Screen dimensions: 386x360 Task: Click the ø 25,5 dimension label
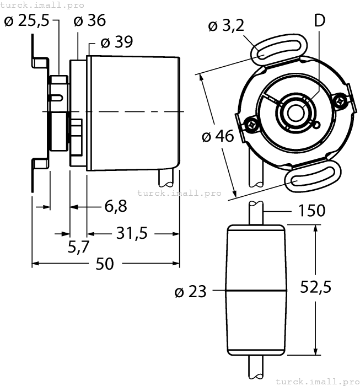pyautogui.click(x=26, y=21)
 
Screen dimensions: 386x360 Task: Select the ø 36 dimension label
pyautogui.click(x=89, y=21)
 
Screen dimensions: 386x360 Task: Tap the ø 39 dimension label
pyautogui.click(x=117, y=42)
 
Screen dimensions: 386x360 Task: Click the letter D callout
pyautogui.click(x=319, y=20)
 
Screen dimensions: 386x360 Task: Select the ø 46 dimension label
pyautogui.click(x=218, y=136)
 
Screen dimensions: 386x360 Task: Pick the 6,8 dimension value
pyautogui.click(x=115, y=206)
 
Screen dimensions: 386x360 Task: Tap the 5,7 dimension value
pyautogui.click(x=79, y=246)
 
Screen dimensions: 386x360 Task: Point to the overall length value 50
pyautogui.click(x=105, y=264)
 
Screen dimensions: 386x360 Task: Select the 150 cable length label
pyautogui.click(x=311, y=211)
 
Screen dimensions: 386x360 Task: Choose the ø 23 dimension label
pyautogui.click(x=190, y=291)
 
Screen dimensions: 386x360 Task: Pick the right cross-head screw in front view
pyautogui.click(x=342, y=100)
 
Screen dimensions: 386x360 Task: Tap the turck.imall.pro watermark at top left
pyautogui.click(x=42, y=4)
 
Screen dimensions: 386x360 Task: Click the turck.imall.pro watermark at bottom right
pyautogui.click(x=317, y=381)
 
